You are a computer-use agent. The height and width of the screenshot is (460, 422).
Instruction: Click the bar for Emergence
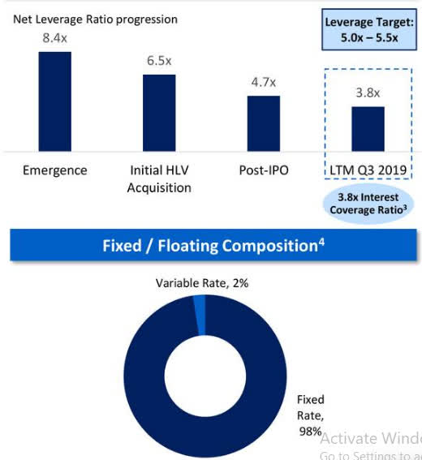pyautogui.click(x=54, y=101)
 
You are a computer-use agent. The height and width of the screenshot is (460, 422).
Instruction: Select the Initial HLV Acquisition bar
pyautogui.click(x=159, y=112)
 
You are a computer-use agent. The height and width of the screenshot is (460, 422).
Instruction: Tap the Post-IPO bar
pyautogui.click(x=263, y=123)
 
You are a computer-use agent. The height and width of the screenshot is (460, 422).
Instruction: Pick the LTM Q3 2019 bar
pyautogui.click(x=368, y=128)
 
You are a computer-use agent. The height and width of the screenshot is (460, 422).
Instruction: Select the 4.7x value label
pyautogui.click(x=263, y=82)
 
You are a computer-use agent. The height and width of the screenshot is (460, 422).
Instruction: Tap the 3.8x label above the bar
pyautogui.click(x=368, y=92)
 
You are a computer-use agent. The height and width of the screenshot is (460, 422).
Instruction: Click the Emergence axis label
pyautogui.click(x=54, y=170)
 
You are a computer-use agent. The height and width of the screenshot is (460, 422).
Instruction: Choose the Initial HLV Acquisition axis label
pyautogui.click(x=160, y=178)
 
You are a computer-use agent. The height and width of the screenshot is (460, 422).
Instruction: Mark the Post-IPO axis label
pyautogui.click(x=263, y=170)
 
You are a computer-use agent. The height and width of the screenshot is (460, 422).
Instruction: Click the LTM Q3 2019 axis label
pyautogui.click(x=368, y=170)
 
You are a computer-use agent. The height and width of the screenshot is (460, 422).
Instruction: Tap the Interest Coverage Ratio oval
pyautogui.click(x=368, y=204)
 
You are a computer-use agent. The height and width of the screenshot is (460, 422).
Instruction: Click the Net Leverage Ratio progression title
pyautogui.click(x=94, y=19)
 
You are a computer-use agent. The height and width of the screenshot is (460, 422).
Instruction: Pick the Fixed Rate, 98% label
pyautogui.click(x=310, y=414)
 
